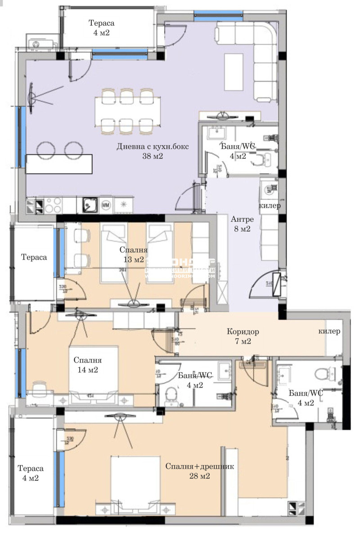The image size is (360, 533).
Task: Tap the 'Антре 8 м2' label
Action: tap(243, 224)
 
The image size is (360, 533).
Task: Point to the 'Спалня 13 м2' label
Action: tap(133, 255)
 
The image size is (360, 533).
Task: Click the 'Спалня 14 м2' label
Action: tap(88, 365)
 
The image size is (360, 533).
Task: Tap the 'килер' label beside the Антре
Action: tap(270, 206)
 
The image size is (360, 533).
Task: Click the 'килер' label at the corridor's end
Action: tap(329, 331)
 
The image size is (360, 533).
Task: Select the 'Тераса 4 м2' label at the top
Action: tap(101, 28)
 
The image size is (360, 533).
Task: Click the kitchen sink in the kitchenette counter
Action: tap(90, 205)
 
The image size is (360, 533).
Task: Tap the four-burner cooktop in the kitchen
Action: tap(53, 205)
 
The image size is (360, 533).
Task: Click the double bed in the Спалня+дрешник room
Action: tap(135, 481)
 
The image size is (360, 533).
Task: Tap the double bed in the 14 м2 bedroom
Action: tap(93, 371)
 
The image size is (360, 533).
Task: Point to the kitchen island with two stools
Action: tap(59, 164)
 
